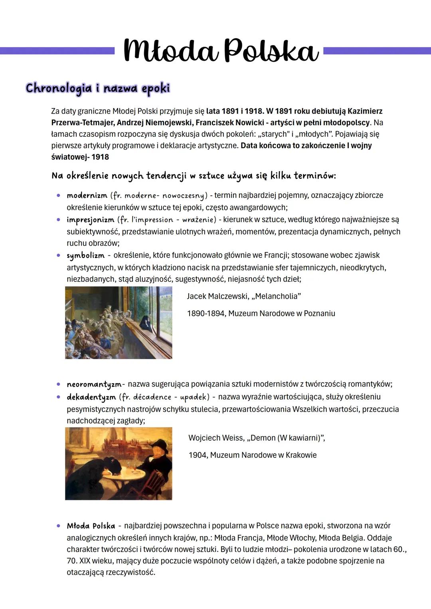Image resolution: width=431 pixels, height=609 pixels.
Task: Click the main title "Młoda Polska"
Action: (x=221, y=51)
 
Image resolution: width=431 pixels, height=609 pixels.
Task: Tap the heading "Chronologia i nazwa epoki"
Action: (x=98, y=88)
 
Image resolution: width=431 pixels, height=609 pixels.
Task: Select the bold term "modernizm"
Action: (x=87, y=195)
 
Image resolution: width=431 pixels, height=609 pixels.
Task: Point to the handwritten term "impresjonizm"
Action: (x=90, y=220)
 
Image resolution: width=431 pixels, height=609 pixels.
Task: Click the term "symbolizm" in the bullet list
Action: (x=85, y=255)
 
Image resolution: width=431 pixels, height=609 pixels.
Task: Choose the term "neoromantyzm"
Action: (x=94, y=384)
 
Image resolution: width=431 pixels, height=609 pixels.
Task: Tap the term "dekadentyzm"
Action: (x=91, y=397)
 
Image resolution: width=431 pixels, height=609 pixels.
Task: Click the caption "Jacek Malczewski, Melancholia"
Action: (x=244, y=296)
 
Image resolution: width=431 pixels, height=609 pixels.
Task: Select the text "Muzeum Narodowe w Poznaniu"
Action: (x=282, y=313)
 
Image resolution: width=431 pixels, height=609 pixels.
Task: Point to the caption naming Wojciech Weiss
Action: (x=257, y=438)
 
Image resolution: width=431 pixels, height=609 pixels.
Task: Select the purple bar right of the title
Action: (x=377, y=51)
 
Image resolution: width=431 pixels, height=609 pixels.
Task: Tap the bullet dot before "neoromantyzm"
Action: (x=58, y=384)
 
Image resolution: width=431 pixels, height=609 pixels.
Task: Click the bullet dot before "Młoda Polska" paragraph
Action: (x=58, y=526)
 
